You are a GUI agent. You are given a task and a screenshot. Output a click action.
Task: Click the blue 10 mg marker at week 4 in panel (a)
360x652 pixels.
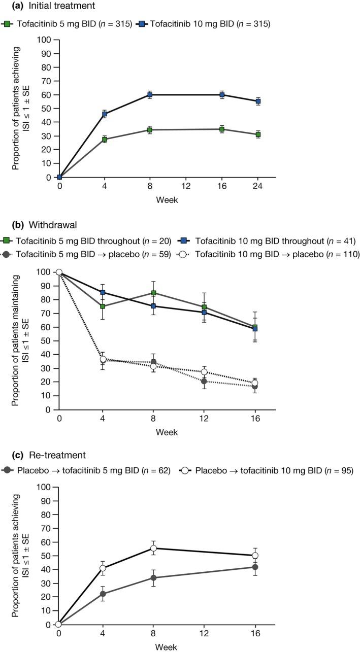tap(104, 114)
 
